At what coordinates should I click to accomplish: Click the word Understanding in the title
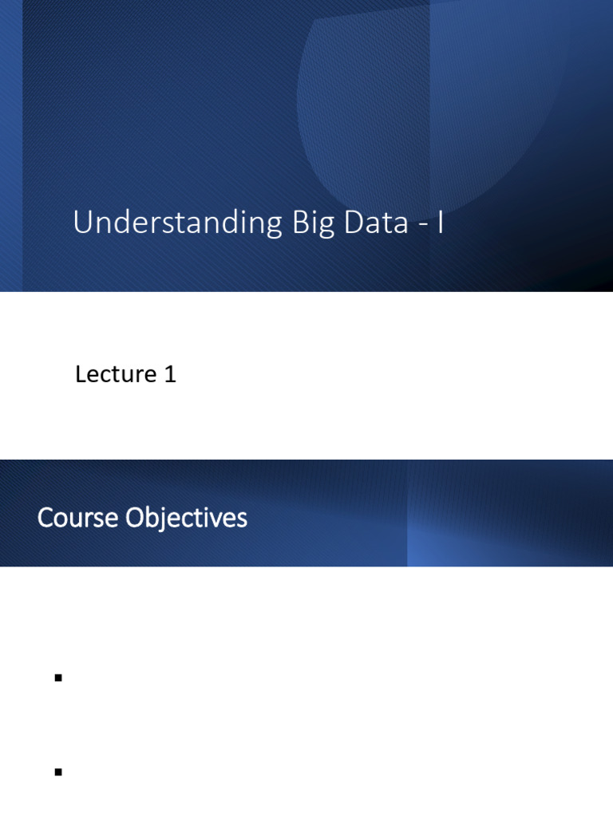point(178,223)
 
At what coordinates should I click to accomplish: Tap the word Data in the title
point(375,223)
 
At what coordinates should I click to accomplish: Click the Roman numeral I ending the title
point(440,223)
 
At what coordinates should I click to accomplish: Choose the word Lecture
point(115,374)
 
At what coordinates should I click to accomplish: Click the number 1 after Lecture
point(170,374)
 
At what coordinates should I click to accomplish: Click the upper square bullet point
point(58,678)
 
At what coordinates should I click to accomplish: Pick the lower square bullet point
point(58,772)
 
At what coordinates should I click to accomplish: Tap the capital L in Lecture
point(81,374)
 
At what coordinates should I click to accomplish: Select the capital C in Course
point(44,519)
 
